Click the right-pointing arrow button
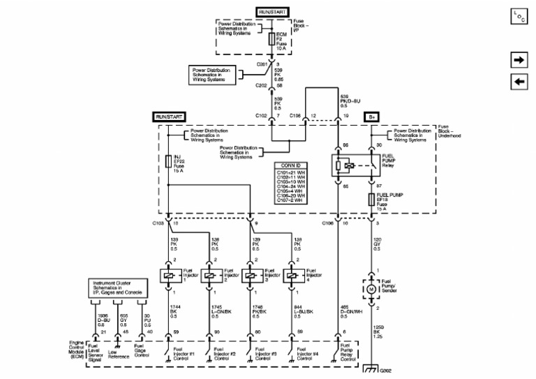pyautogui.click(x=519, y=61)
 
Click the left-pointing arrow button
pyautogui.click(x=519, y=82)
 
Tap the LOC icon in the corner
pyautogui.click(x=518, y=17)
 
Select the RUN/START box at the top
pyautogui.click(x=272, y=13)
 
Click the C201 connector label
pyautogui.click(x=262, y=64)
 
